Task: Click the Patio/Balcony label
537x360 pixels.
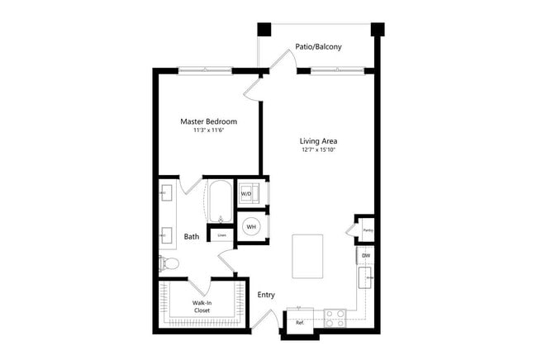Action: pyautogui.click(x=318, y=47)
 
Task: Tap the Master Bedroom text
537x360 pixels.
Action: pyautogui.click(x=208, y=121)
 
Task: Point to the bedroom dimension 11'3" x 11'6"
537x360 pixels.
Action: pyautogui.click(x=208, y=130)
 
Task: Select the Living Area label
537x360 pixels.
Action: pyautogui.click(x=318, y=141)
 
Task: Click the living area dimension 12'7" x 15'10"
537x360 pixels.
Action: pyautogui.click(x=318, y=150)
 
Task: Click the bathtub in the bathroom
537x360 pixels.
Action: pyautogui.click(x=218, y=201)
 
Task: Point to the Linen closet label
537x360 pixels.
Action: pyautogui.click(x=221, y=235)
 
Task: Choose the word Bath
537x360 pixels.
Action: pyautogui.click(x=191, y=237)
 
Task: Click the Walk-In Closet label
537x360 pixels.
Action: pyautogui.click(x=202, y=306)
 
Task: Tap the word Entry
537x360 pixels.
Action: pyautogui.click(x=266, y=295)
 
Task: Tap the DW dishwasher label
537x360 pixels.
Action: pyautogui.click(x=366, y=255)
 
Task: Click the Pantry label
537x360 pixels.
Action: pyautogui.click(x=368, y=230)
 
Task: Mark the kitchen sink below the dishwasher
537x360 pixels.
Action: pyautogui.click(x=366, y=277)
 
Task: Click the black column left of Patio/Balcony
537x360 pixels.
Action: pyautogui.click(x=265, y=29)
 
